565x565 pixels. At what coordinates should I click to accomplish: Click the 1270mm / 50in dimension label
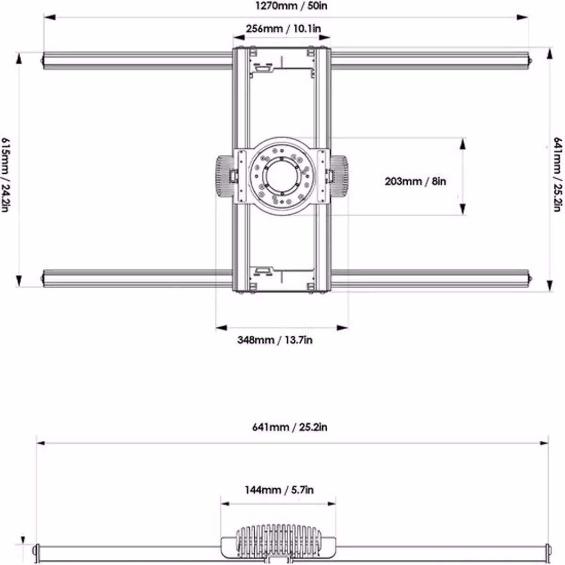(291, 6)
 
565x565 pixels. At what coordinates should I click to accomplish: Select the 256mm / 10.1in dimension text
(283, 29)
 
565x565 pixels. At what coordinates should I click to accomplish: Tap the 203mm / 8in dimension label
(415, 181)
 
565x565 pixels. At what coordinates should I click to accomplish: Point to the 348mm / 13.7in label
(274, 340)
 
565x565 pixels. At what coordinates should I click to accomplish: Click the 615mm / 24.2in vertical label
(6, 175)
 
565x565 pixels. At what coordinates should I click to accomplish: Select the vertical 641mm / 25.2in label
(557, 174)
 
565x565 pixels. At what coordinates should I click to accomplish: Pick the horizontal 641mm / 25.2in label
(290, 427)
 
